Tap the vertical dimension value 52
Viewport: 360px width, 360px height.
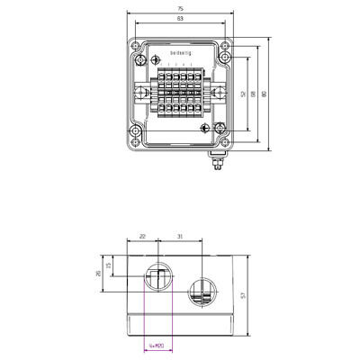coord(243,94)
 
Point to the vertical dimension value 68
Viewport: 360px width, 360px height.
coord(255,94)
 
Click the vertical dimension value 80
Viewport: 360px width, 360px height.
coord(265,94)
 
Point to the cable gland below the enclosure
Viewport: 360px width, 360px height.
coord(215,163)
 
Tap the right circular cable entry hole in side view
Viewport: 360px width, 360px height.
coord(202,292)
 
